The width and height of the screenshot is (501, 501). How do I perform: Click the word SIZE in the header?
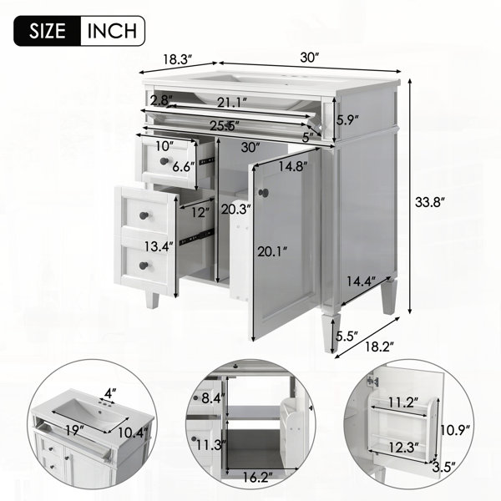click(x=48, y=31)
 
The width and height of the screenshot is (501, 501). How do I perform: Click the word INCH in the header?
click(x=112, y=31)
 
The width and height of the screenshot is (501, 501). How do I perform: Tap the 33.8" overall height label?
click(x=430, y=202)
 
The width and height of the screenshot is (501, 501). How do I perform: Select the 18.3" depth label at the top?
click(x=178, y=59)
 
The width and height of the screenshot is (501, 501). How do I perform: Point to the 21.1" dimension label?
click(x=232, y=103)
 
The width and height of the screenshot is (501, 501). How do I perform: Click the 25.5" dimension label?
click(x=225, y=125)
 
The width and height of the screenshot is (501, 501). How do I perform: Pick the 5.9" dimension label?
click(x=347, y=120)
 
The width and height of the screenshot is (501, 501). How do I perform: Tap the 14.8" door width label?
click(x=293, y=166)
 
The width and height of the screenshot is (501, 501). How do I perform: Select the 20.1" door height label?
click(x=272, y=252)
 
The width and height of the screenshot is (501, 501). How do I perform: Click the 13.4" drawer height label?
click(x=159, y=246)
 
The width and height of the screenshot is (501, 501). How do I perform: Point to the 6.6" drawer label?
click(x=184, y=166)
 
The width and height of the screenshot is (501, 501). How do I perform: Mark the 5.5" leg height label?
click(x=347, y=336)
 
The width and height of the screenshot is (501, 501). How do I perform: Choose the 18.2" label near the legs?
click(x=380, y=347)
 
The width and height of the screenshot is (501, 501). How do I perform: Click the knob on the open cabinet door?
click(x=264, y=192)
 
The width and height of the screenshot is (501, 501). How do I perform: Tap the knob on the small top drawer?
click(x=164, y=161)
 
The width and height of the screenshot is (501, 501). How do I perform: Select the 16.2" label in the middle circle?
click(x=257, y=478)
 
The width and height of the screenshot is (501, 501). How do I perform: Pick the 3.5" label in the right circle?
click(x=443, y=468)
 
